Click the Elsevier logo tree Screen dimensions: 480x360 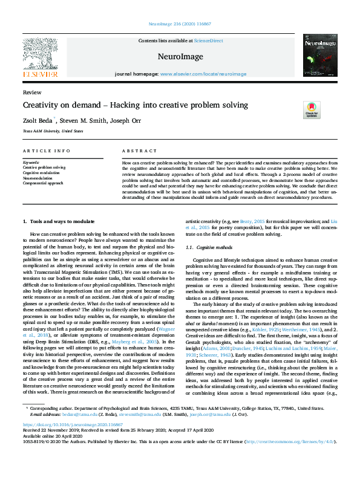coord(41,55)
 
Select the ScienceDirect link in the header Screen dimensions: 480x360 coord(208,41)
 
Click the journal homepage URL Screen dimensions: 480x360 coord(195,74)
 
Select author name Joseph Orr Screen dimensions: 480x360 coord(128,120)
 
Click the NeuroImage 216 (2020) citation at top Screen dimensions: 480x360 coord(180,24)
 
